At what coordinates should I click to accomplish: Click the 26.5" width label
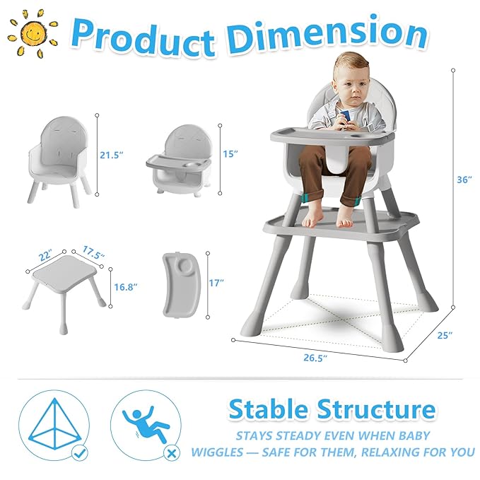pyautogui.click(x=316, y=358)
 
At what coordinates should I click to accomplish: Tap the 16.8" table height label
pyautogui.click(x=125, y=286)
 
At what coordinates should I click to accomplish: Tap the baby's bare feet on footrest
pyautogui.click(x=345, y=219)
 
